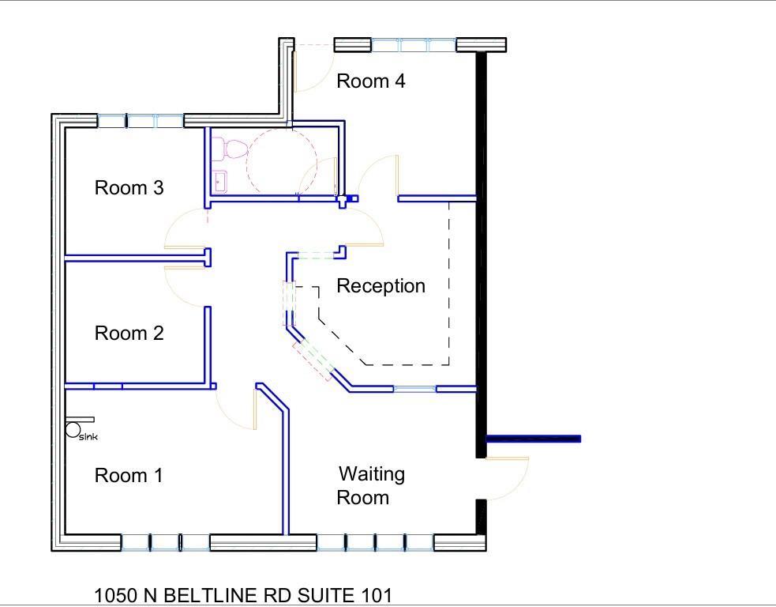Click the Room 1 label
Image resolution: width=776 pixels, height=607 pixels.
(x=129, y=475)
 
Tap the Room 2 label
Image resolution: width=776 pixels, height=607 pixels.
(x=129, y=333)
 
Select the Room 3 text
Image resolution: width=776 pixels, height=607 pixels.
(x=129, y=187)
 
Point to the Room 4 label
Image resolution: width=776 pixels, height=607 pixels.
(x=371, y=81)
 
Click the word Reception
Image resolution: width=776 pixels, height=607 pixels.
(x=381, y=285)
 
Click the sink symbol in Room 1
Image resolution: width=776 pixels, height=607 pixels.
(x=73, y=430)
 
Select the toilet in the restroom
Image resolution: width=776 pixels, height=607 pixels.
(x=233, y=149)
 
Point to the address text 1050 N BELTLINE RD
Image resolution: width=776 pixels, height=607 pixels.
(x=242, y=594)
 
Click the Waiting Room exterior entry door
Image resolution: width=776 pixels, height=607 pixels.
(x=505, y=479)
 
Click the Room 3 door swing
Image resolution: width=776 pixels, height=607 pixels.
(x=185, y=229)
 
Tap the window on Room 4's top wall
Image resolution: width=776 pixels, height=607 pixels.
(x=414, y=45)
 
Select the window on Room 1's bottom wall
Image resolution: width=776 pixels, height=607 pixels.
(x=165, y=542)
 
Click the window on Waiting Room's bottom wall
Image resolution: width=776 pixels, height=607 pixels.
(x=375, y=542)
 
